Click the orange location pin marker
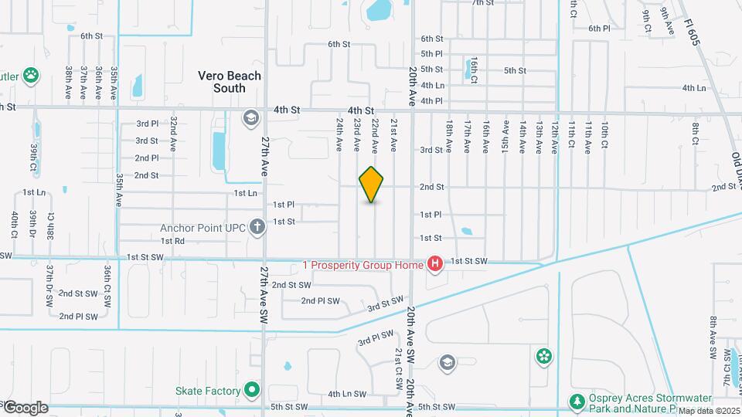tap(372, 184)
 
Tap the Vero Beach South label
tap(230, 82)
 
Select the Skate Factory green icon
tap(250, 390)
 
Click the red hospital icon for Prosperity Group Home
tap(435, 265)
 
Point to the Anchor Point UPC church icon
tap(257, 227)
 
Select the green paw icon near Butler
tap(31, 75)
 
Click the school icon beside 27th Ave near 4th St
tap(250, 118)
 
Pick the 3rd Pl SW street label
tap(376, 337)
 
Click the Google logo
tap(25, 408)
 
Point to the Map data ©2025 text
tap(709, 411)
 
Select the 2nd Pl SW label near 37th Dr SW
tap(79, 316)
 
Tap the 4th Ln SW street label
tap(346, 394)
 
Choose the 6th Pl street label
tap(599, 29)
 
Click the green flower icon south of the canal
tap(545, 356)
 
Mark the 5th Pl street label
tap(431, 54)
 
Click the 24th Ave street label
tap(339, 134)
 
